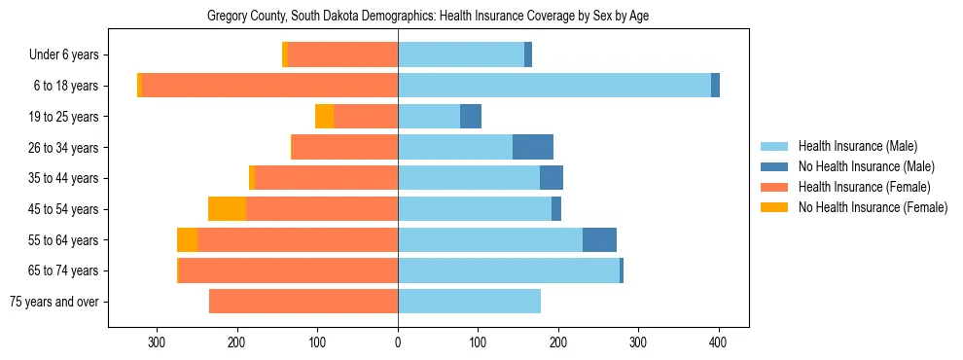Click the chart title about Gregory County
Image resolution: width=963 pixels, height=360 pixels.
(428, 17)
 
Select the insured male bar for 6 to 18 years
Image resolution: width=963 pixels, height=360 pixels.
(554, 86)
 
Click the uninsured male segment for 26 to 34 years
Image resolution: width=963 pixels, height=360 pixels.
(533, 147)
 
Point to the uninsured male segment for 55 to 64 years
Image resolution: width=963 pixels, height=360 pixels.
(599, 239)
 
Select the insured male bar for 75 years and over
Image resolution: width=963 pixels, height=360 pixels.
(469, 302)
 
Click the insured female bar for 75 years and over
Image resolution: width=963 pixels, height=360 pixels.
(303, 302)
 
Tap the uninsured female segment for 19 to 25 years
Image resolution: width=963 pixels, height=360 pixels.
(324, 117)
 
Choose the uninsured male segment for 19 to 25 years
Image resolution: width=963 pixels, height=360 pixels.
(471, 117)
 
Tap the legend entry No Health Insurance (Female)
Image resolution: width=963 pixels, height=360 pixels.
(872, 207)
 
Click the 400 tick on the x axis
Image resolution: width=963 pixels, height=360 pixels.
(718, 342)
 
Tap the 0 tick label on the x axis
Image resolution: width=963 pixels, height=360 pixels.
(398, 342)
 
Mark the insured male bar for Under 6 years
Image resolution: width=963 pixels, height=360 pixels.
(461, 55)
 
